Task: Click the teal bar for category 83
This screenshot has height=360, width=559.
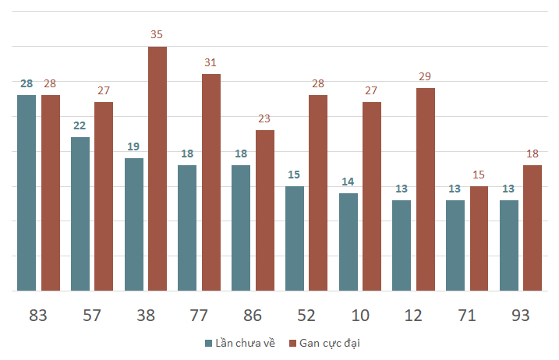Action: (x=27, y=192)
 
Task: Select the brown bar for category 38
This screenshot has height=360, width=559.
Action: (x=157, y=168)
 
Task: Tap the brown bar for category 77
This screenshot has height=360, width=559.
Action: (x=211, y=182)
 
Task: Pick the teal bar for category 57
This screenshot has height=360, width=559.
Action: (x=80, y=214)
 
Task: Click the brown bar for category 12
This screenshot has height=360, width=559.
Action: (x=426, y=189)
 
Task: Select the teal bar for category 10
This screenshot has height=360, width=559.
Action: (x=348, y=242)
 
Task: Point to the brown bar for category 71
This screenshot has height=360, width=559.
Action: (x=479, y=238)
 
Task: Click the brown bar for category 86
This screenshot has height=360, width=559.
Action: (x=265, y=210)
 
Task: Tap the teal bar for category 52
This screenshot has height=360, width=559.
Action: (x=295, y=238)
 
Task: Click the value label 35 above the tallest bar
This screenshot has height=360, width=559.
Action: (x=157, y=35)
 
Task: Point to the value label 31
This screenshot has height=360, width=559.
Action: (x=211, y=62)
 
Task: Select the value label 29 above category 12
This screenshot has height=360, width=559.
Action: (x=426, y=76)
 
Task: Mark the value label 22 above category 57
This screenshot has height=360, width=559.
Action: (x=80, y=125)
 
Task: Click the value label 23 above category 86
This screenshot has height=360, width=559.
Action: (x=265, y=118)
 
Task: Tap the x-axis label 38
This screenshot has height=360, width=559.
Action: (x=146, y=316)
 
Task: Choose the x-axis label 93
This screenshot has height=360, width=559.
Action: (x=521, y=316)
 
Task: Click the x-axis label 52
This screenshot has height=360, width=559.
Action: (x=306, y=316)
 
